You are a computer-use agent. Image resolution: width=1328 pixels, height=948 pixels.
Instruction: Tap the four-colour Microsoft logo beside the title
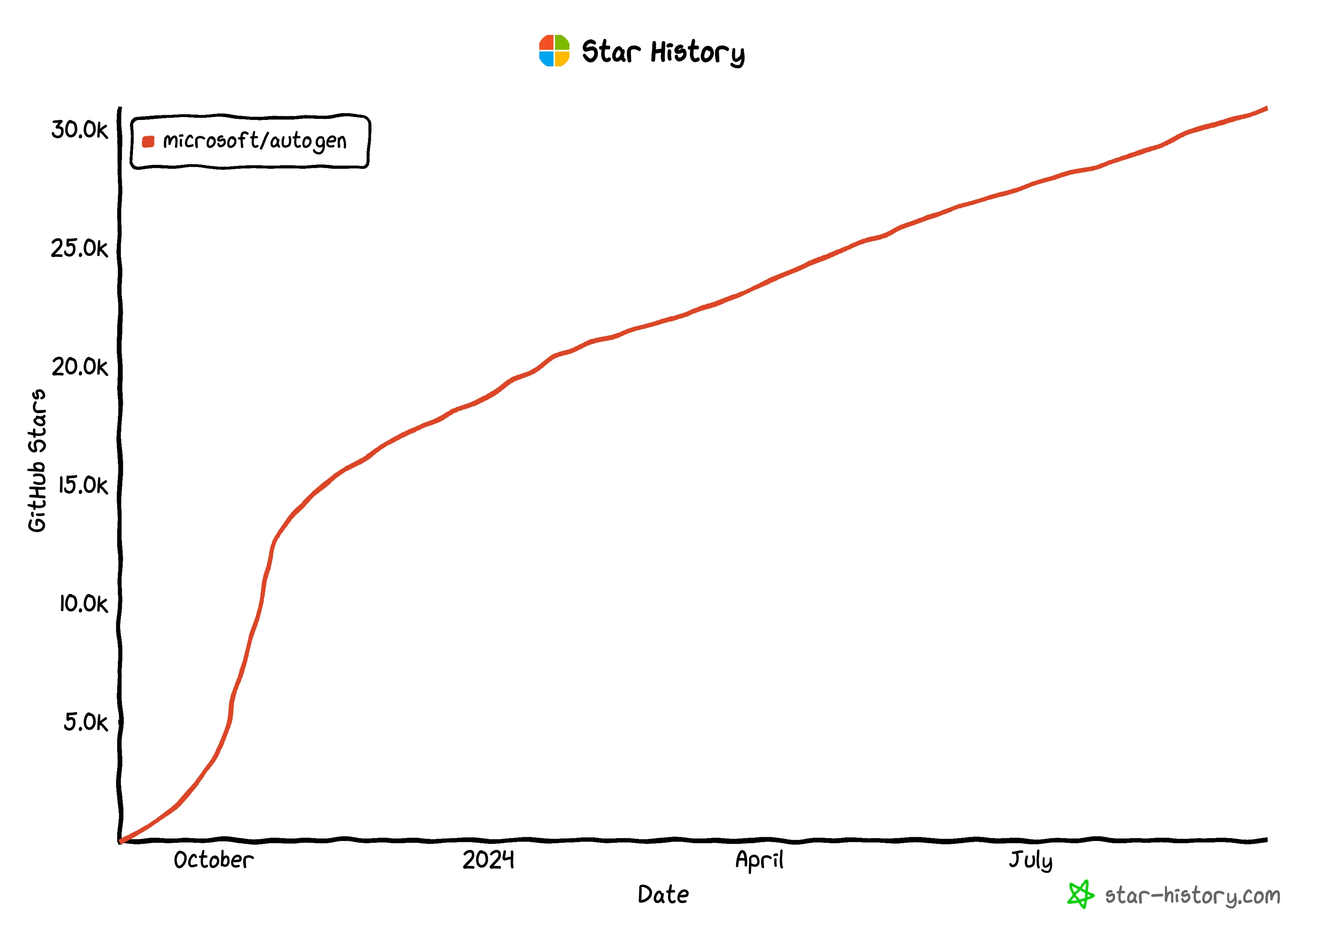pyautogui.click(x=553, y=51)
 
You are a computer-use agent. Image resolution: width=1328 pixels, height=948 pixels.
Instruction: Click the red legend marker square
pyautogui.click(x=148, y=141)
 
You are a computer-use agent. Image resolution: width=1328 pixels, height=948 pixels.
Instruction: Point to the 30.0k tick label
pyautogui.click(x=79, y=130)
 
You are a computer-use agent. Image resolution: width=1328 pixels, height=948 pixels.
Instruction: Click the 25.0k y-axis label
pyautogui.click(x=79, y=249)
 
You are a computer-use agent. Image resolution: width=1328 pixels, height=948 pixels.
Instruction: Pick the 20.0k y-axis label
pyautogui.click(x=79, y=367)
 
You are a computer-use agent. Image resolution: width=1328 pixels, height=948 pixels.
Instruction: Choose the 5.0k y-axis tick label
pyautogui.click(x=85, y=723)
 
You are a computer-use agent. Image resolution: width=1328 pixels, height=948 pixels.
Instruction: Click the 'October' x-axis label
pyautogui.click(x=213, y=860)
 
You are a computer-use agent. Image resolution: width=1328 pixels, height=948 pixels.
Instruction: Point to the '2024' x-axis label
pyautogui.click(x=488, y=860)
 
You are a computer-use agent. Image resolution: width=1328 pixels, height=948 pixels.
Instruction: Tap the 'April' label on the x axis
pyautogui.click(x=759, y=860)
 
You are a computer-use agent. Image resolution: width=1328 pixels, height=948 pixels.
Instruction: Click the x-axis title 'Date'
pyautogui.click(x=663, y=895)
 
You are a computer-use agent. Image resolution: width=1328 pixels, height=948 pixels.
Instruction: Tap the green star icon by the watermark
pyautogui.click(x=1080, y=894)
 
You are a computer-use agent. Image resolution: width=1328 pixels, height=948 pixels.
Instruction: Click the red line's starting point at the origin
pyautogui.click(x=121, y=841)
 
